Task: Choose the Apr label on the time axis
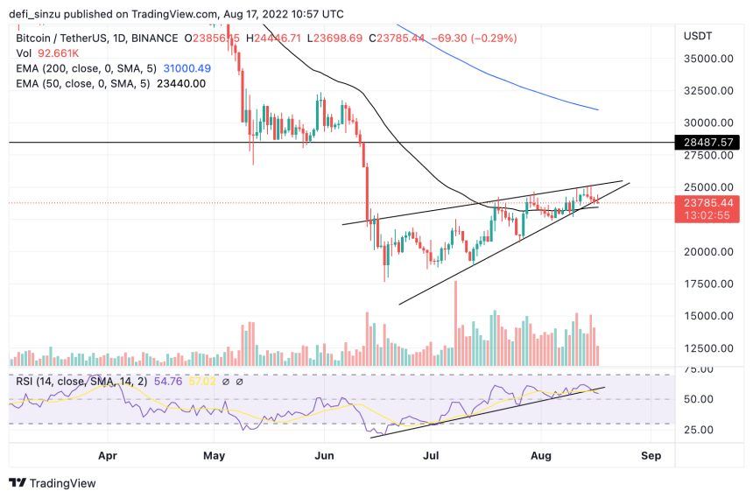108,455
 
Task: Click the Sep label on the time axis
651,455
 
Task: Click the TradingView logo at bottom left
53,483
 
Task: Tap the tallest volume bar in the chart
455,324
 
